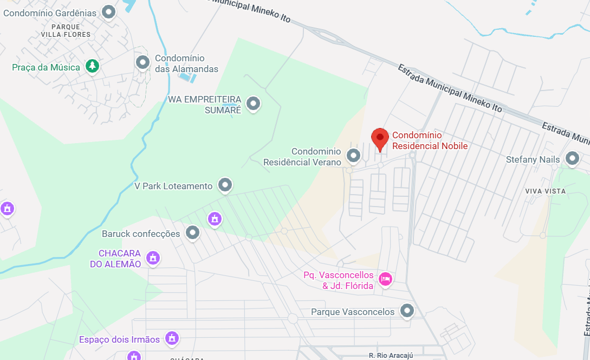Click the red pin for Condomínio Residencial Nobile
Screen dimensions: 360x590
point(380,138)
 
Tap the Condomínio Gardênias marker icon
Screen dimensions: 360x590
point(109,11)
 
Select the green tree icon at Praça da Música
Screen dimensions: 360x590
point(93,66)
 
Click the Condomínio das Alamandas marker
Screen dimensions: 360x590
point(142,62)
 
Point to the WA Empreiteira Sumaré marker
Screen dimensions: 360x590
point(253,102)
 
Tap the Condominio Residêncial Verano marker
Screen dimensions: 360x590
point(354,156)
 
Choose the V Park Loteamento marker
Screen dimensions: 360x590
point(225,185)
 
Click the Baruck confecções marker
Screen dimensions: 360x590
point(192,233)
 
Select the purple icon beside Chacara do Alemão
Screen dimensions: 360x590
point(153,258)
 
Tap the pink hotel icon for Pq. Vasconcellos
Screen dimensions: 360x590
point(385,279)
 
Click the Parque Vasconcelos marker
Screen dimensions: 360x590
point(407,311)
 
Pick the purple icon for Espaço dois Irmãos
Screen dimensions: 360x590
point(172,339)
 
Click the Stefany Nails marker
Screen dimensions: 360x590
point(572,158)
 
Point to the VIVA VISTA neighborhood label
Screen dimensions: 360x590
point(545,191)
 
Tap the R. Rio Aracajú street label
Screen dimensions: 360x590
point(391,356)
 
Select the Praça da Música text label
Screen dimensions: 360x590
point(46,67)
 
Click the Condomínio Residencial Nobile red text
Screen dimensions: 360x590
point(430,140)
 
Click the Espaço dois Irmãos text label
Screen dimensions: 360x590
point(119,340)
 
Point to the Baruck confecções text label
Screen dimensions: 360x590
point(141,234)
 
